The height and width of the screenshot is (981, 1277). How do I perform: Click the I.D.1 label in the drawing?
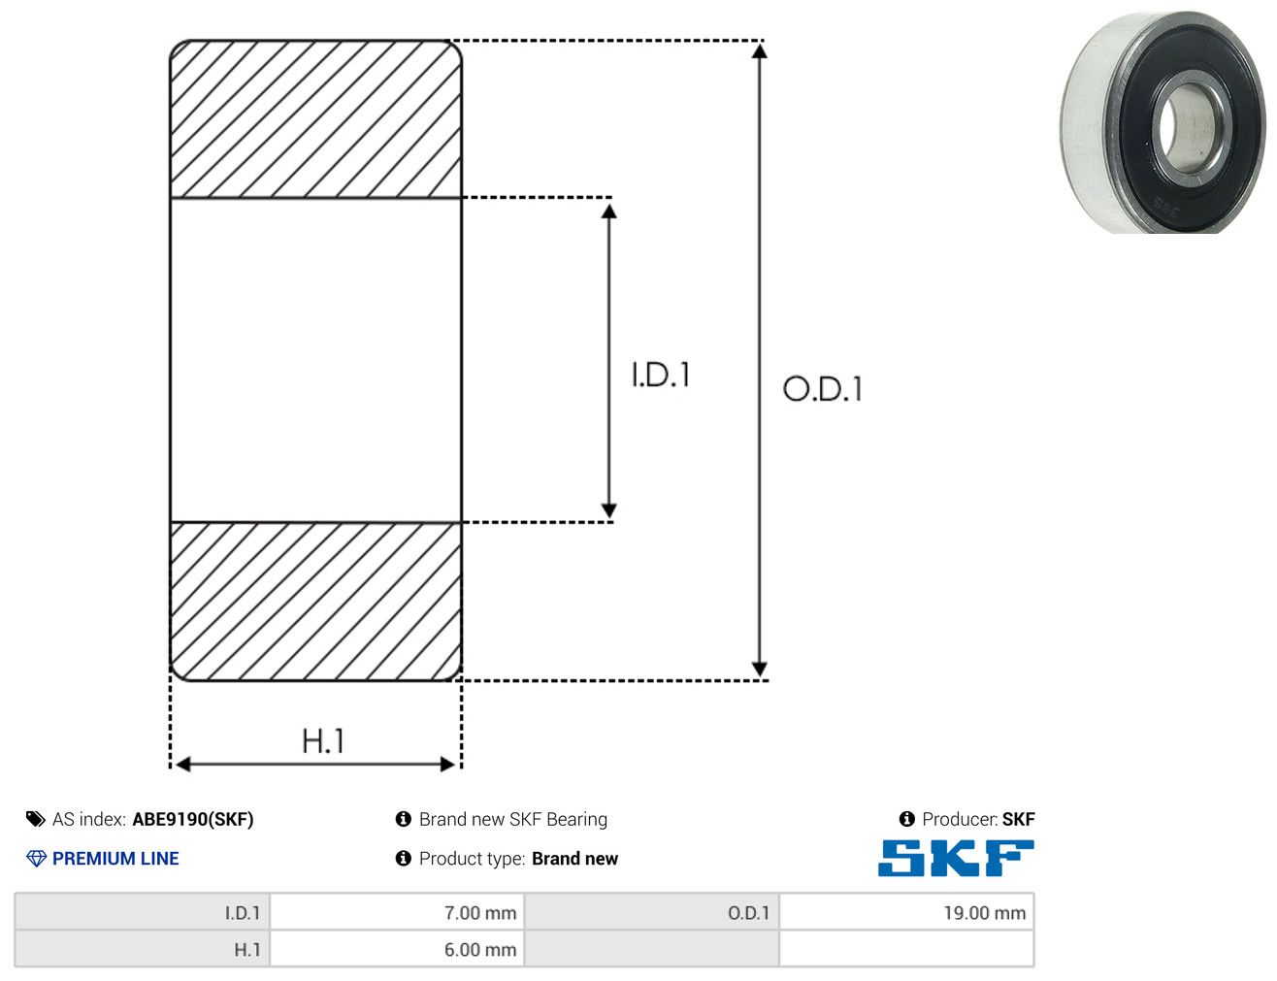[x=661, y=375]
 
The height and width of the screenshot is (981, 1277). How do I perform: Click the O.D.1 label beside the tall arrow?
[x=823, y=388]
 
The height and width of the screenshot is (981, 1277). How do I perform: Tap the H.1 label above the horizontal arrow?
[x=322, y=740]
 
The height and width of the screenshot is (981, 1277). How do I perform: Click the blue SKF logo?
[x=956, y=858]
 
